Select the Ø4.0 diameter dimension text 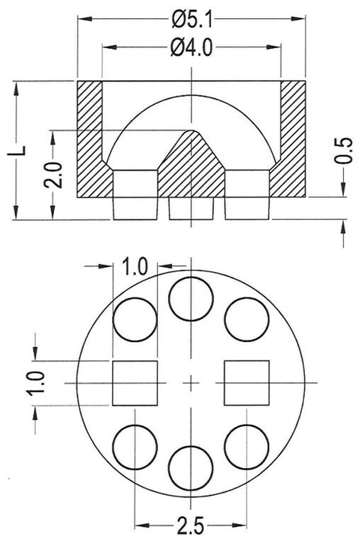coord(192,48)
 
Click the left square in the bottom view coord(135,382)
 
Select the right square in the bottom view coord(247,382)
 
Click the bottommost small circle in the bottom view coord(191,468)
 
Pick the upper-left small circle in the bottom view coord(135,319)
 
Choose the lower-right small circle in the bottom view coord(247,446)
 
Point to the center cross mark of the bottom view coord(191,383)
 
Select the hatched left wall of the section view coord(90,142)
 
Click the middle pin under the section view coord(191,207)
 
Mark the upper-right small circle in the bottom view coord(247,319)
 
